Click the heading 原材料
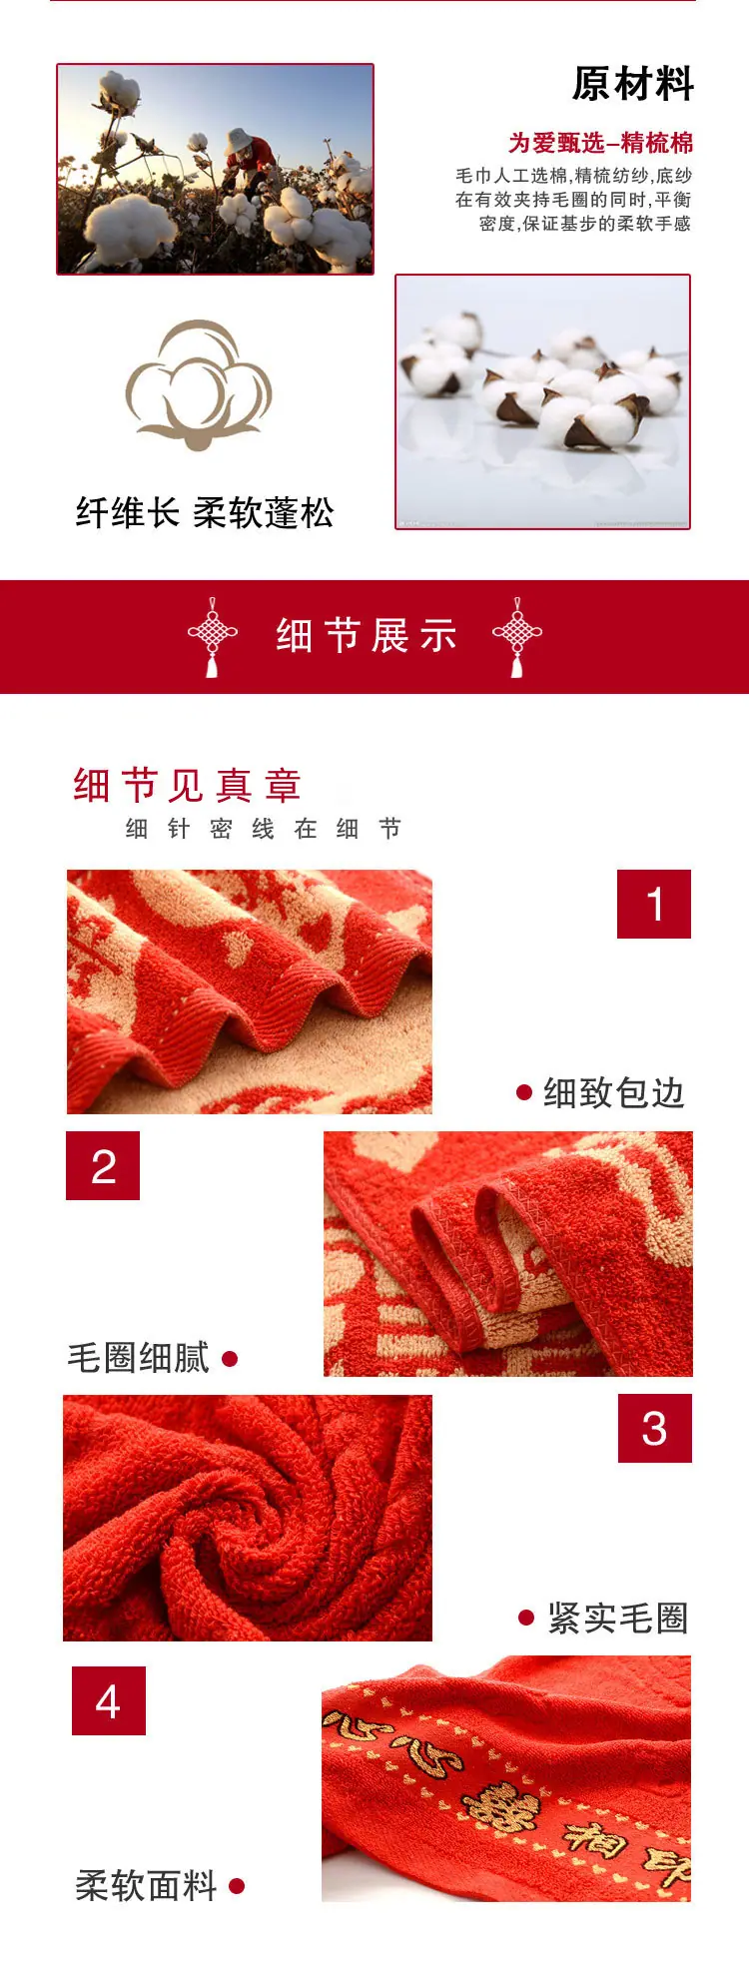pyautogui.click(x=632, y=84)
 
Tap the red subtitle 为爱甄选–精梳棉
pyautogui.click(x=600, y=143)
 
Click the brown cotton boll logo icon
pyautogui.click(x=199, y=384)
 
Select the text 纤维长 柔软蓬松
pyautogui.click(x=205, y=513)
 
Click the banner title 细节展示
pyautogui.click(x=367, y=636)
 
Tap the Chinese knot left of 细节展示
pyautogui.click(x=213, y=637)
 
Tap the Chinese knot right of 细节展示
pyautogui.click(x=517, y=637)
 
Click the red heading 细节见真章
pyautogui.click(x=187, y=786)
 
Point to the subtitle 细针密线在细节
pyautogui.click(x=264, y=829)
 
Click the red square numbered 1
pyautogui.click(x=654, y=904)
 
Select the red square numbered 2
pyautogui.click(x=103, y=1165)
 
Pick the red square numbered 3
pyautogui.click(x=655, y=1428)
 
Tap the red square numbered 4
pyautogui.click(x=109, y=1700)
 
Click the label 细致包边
pyautogui.click(x=614, y=1093)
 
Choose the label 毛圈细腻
pyautogui.click(x=139, y=1358)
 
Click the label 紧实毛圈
pyautogui.click(x=618, y=1619)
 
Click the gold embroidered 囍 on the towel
pyautogui.click(x=499, y=1808)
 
